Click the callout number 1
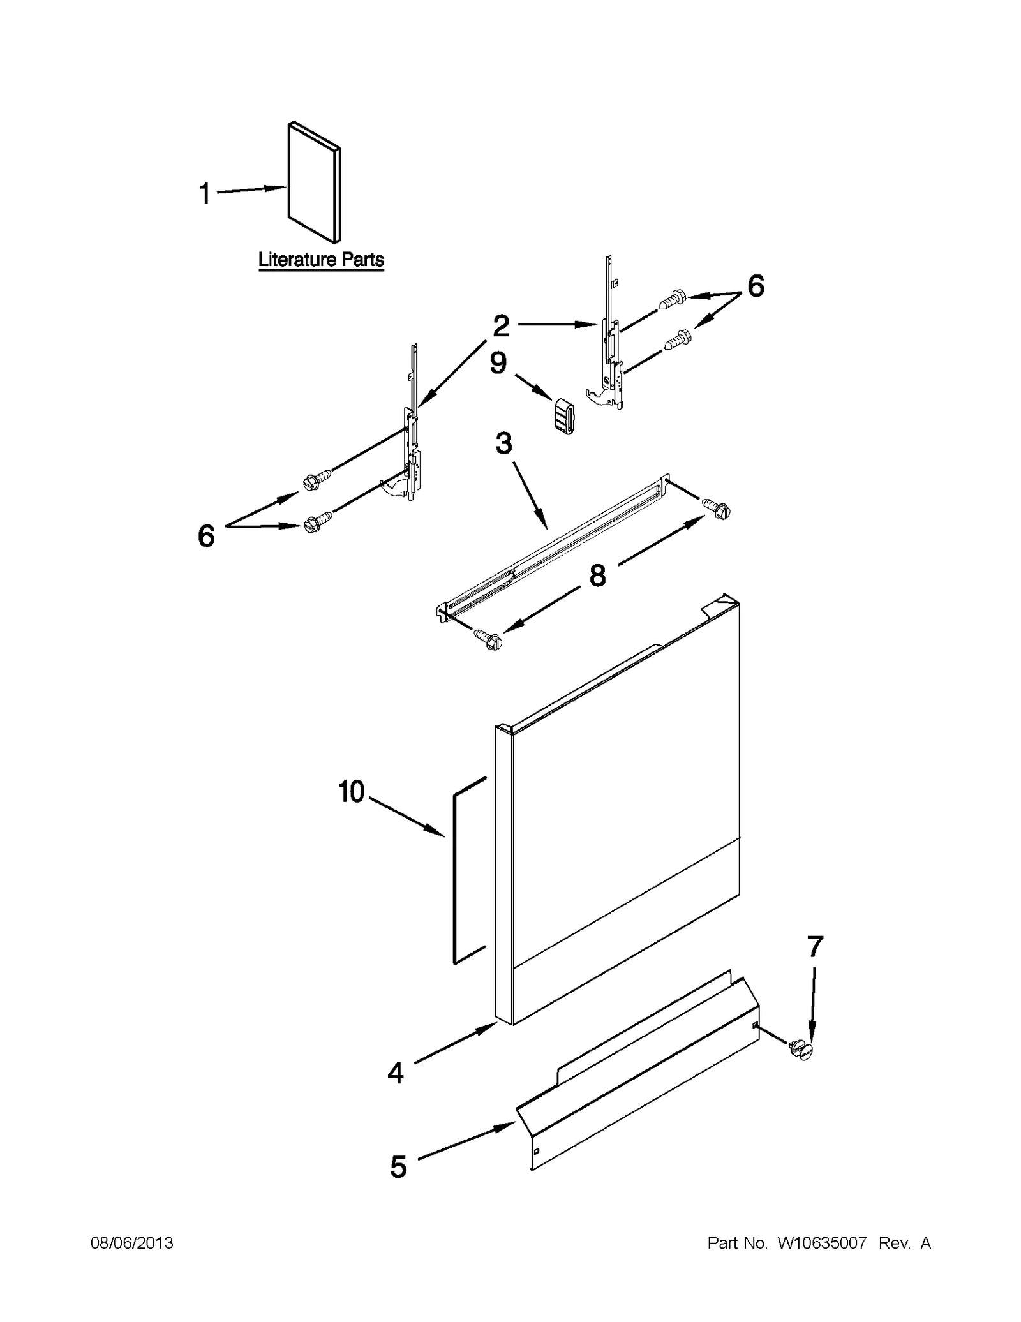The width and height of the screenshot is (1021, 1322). [205, 193]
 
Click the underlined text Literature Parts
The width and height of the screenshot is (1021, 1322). [321, 260]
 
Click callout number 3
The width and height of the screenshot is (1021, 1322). [503, 443]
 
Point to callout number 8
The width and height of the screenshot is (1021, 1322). [597, 576]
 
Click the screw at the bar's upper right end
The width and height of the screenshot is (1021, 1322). [717, 509]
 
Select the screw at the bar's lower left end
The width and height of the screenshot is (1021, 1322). [488, 639]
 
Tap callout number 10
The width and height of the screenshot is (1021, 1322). [351, 792]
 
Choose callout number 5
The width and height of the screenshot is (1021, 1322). [398, 1167]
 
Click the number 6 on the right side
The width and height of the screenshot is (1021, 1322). [756, 286]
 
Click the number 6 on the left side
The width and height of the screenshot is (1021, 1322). [206, 536]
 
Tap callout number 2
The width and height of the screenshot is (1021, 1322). [501, 326]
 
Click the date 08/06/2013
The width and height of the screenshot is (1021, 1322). [131, 1243]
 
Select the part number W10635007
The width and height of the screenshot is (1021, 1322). [822, 1243]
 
